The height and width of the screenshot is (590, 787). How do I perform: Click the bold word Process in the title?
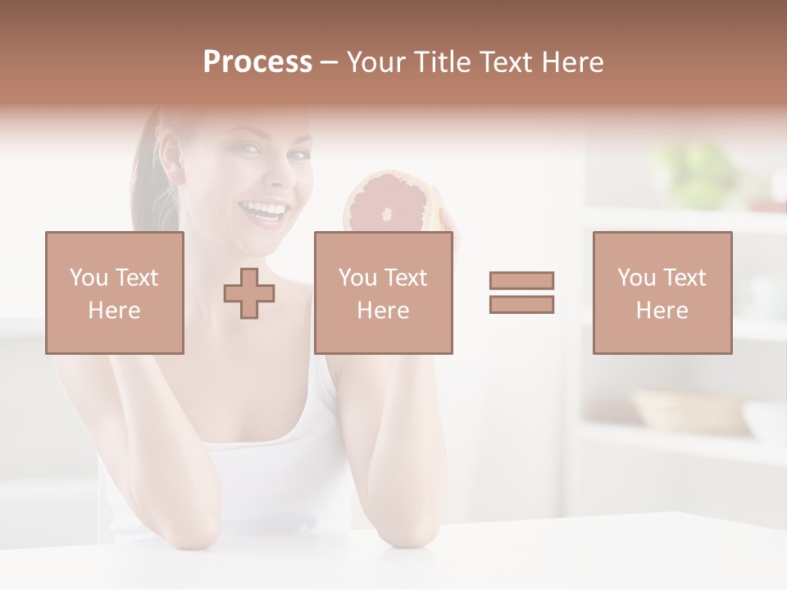[x=257, y=62]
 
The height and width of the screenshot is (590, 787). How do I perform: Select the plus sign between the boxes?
[x=249, y=293]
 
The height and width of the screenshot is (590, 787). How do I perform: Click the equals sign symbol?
[x=521, y=293]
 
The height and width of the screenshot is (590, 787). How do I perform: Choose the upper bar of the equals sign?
[x=521, y=281]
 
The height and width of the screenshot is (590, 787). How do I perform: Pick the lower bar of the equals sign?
[x=521, y=304]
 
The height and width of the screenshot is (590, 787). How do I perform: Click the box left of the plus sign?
[x=114, y=293]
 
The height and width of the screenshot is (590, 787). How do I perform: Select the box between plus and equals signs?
[x=383, y=293]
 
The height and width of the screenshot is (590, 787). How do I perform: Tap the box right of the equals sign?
[x=662, y=293]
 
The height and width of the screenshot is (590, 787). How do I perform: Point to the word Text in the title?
[x=506, y=62]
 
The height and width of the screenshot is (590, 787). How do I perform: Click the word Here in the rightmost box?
[x=662, y=311]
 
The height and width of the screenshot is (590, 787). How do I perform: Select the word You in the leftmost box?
[x=87, y=278]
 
